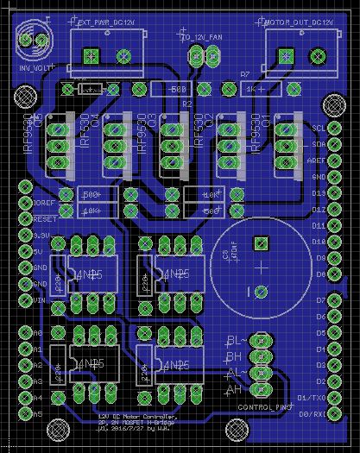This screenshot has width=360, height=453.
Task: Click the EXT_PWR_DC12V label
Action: click(x=106, y=25)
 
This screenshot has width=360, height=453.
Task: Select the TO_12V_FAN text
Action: click(x=202, y=38)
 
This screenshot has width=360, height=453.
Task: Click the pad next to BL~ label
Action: click(x=256, y=342)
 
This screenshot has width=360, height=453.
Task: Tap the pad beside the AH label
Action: click(x=256, y=390)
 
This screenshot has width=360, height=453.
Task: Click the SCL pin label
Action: click(x=318, y=128)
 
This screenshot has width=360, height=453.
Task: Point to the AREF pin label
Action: click(x=317, y=160)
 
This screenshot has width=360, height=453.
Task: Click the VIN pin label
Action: click(x=37, y=299)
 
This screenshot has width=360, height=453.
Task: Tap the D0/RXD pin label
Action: click(x=311, y=413)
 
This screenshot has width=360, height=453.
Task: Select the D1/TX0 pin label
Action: click(x=311, y=397)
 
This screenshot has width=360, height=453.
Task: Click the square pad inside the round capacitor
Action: click(x=257, y=244)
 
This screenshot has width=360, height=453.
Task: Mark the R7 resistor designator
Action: click(x=244, y=75)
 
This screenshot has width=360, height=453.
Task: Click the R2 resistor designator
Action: click(x=186, y=103)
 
